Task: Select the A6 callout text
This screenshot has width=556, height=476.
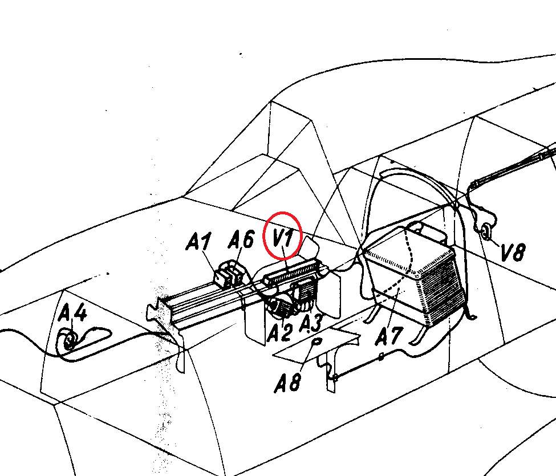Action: (x=241, y=239)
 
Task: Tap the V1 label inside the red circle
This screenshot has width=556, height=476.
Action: (x=283, y=236)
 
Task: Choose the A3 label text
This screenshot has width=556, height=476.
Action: (x=311, y=323)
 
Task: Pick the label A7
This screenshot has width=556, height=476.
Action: (x=389, y=336)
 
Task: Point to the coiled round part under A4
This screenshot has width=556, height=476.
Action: (x=70, y=340)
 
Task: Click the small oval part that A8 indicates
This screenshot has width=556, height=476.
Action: (x=316, y=341)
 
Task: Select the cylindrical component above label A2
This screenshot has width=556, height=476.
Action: (x=280, y=307)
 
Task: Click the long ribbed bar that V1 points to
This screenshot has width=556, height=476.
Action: (x=292, y=272)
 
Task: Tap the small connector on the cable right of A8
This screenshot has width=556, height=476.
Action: (x=381, y=357)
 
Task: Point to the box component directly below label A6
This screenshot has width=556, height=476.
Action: (x=237, y=276)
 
